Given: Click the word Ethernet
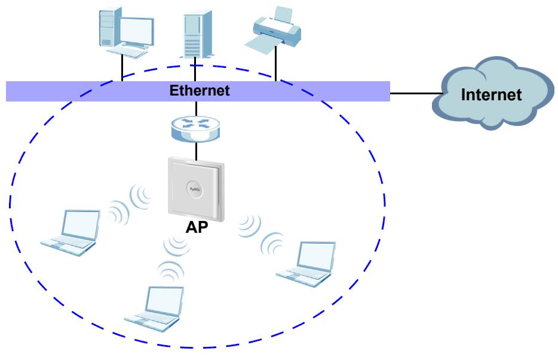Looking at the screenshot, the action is point(200,90).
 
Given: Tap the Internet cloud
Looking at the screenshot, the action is point(492,93).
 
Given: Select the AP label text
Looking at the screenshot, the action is point(197,227).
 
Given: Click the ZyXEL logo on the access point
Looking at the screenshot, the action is point(195,189).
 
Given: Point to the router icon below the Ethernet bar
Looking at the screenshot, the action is point(195,128).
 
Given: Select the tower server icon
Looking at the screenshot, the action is point(197,35).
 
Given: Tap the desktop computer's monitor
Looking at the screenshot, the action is point(137,33).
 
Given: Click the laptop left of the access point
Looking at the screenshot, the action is point(71,233).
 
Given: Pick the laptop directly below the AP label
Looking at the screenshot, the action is point(155,308).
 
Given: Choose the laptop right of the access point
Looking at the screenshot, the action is point(306,264).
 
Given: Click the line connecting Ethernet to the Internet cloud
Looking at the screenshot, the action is point(417,93).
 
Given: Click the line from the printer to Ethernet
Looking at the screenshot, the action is point(276,63).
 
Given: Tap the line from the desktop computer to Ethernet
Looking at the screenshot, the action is point(122,67).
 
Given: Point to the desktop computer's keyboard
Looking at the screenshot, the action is point(127,53).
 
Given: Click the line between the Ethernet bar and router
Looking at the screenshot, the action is point(196,109).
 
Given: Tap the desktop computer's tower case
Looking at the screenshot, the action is point(109,27).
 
